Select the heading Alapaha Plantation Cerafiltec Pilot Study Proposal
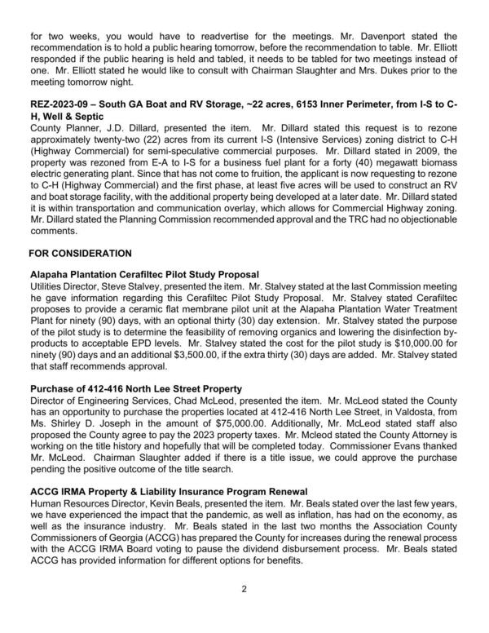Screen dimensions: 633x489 (143, 275)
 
